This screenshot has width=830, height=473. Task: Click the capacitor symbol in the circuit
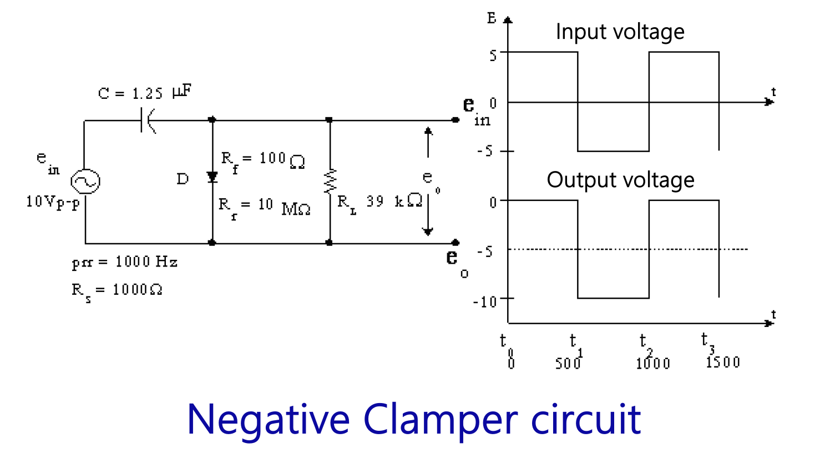point(148,120)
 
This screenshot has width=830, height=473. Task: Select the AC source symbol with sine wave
point(85,182)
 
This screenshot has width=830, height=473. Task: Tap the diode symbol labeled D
point(212,178)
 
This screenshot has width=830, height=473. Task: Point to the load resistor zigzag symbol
point(330,180)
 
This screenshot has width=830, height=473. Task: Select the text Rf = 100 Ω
point(263,160)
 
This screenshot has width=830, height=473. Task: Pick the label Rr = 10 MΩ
point(264,207)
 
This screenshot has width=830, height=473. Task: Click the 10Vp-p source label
point(53,202)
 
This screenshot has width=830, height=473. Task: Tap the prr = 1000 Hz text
point(124,262)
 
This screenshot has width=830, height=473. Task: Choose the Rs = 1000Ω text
point(117,290)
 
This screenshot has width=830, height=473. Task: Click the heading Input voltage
point(620,32)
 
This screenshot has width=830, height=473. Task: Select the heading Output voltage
point(620,180)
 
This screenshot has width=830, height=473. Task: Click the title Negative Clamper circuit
point(414,420)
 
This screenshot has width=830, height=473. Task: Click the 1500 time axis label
point(723,363)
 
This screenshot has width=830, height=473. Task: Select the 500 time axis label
point(568,364)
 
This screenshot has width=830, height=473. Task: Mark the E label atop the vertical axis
point(492,18)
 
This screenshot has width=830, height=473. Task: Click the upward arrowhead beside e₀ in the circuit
point(428,131)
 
